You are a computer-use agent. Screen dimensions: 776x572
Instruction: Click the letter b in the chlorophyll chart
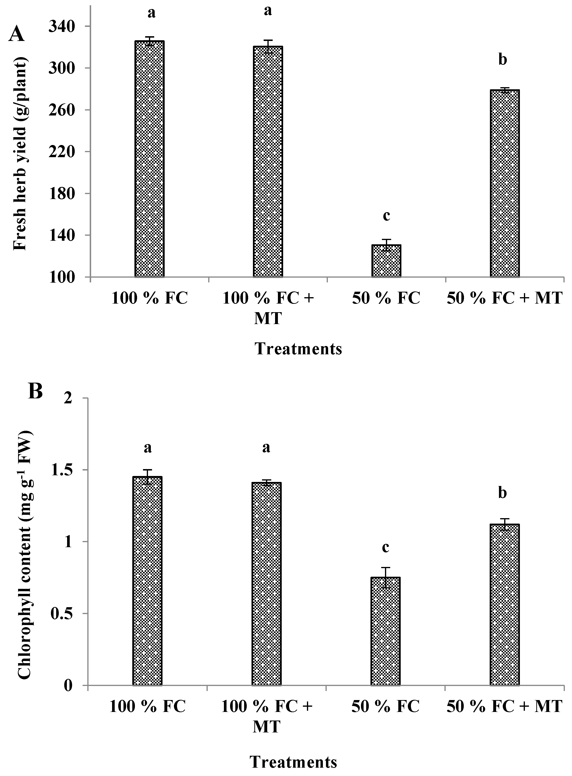pyautogui.click(x=503, y=493)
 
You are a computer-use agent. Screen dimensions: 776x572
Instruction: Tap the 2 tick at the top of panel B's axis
pyautogui.click(x=75, y=398)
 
